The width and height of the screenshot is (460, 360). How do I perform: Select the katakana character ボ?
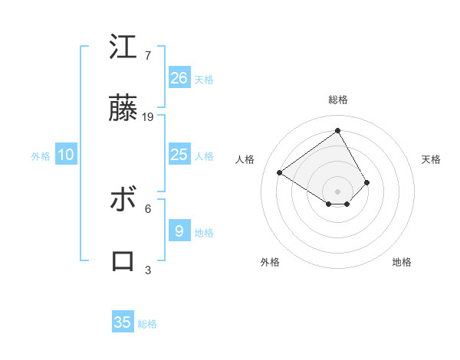123,200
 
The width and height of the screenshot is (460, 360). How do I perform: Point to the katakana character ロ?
123,261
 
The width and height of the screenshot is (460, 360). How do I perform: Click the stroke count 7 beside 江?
147,56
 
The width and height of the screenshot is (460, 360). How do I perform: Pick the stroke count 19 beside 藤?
148,117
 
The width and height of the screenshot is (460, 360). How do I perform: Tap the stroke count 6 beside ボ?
147,208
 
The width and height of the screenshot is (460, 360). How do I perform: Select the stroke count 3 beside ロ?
147,270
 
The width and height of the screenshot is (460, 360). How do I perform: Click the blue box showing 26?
179,77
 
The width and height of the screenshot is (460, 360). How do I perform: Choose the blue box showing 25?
179,155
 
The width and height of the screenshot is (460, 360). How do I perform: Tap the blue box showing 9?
179,231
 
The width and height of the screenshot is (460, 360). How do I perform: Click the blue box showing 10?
66,155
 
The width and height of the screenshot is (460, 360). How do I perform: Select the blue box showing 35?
123,322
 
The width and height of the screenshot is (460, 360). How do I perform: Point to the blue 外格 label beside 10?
41,156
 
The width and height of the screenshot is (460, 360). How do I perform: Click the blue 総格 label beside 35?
147,324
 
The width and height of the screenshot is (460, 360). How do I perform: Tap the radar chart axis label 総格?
338,100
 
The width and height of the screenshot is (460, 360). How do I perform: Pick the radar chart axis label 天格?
431,159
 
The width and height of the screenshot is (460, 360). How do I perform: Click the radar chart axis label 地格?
402,262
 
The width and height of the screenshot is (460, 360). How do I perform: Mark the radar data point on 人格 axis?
280,172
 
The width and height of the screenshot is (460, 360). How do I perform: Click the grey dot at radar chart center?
338,191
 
